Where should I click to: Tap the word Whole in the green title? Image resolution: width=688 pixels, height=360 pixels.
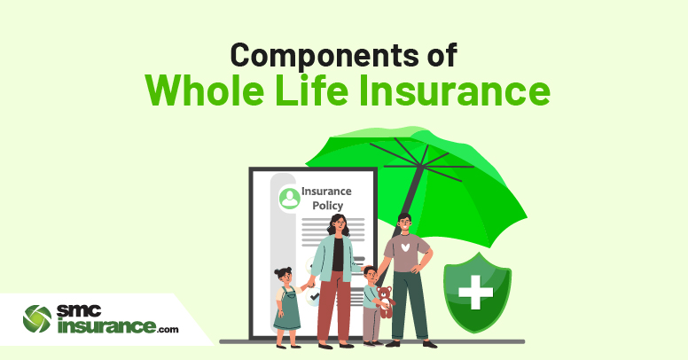tap(205, 90)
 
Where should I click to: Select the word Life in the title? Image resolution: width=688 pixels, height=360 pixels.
tap(311, 90)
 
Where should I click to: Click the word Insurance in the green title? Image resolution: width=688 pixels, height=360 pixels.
tap(455, 90)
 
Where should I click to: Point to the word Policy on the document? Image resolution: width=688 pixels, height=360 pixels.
tap(327, 206)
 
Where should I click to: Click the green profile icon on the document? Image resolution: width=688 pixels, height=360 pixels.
tap(290, 199)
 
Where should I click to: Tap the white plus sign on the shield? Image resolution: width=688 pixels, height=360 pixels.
tap(475, 293)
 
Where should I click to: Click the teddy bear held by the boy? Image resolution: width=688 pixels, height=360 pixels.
tap(386, 301)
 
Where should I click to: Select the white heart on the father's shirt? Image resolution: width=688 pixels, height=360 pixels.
tap(405, 247)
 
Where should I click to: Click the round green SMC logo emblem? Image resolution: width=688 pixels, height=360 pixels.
tap(37, 319)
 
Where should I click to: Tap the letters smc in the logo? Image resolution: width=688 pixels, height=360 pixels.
tap(79, 311)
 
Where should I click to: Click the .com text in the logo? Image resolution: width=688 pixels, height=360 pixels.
tap(168, 329)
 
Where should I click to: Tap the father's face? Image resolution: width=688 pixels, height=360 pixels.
tap(405, 225)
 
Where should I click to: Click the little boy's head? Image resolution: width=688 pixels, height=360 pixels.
tap(371, 274)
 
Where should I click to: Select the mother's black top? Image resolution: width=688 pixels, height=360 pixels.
tap(338, 254)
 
